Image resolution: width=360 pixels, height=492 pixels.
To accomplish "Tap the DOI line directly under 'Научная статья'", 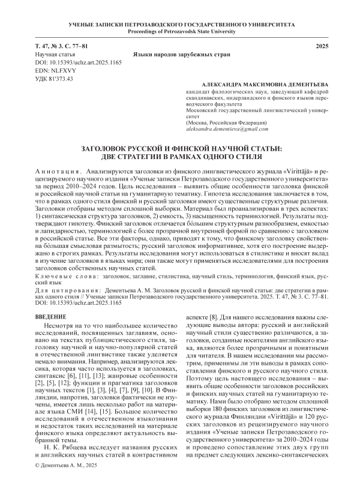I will click(x=71, y=62).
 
